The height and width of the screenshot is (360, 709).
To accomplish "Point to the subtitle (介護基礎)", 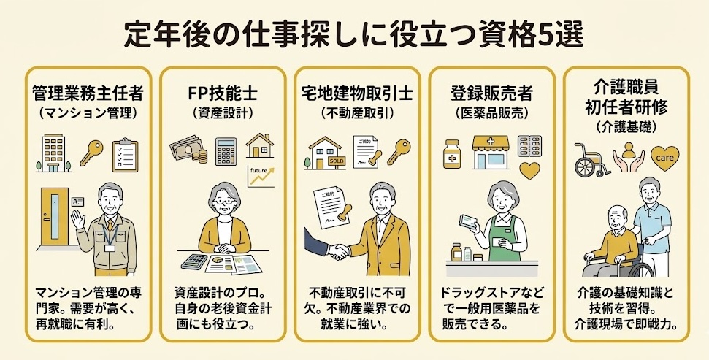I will click(x=626, y=124).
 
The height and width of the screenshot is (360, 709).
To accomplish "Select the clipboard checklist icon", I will click(x=125, y=154).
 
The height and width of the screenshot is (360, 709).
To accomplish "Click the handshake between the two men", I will click(x=337, y=250).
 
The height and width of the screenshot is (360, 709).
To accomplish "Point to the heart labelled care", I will click(x=665, y=157).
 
